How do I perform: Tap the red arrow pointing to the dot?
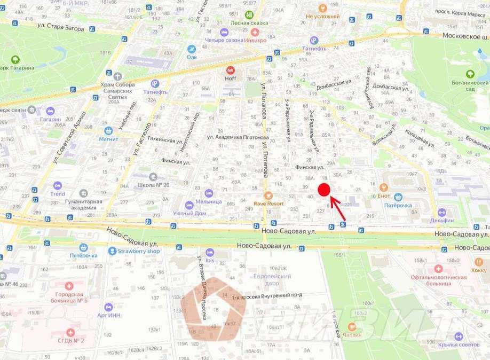338,208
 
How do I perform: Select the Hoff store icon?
231,70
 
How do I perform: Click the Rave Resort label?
269,203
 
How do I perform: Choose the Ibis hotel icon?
210,252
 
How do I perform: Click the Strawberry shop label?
138,251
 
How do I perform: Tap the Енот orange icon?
383,187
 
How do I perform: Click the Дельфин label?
442,220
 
